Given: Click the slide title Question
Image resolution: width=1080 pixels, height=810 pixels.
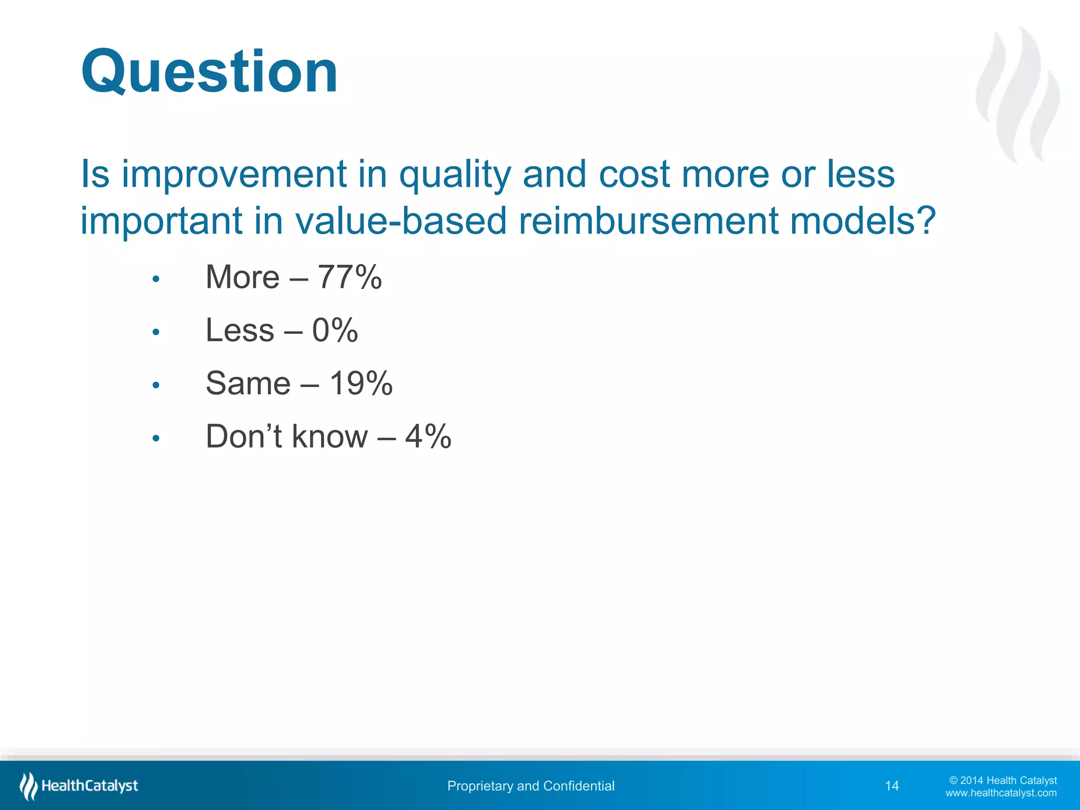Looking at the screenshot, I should tap(209, 72).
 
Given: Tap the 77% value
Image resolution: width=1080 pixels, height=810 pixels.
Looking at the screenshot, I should tap(349, 277).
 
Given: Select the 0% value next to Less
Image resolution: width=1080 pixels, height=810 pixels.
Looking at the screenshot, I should tap(335, 330).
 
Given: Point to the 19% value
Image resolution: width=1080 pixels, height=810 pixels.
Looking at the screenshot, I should tap(361, 383).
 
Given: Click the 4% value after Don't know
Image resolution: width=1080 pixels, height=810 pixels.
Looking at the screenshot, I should tap(428, 437).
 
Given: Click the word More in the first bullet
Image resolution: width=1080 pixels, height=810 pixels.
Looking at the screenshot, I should tap(242, 277).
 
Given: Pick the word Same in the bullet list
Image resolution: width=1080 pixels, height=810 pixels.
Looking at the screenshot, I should tap(248, 383).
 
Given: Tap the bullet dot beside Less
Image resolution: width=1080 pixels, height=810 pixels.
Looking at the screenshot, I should tap(156, 332).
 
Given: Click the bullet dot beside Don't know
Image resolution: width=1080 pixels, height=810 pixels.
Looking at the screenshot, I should tap(156, 438).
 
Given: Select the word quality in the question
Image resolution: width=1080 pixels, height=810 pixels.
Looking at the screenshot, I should tap(455, 175).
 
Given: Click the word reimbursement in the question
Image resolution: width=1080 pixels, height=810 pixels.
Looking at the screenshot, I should tap(648, 220).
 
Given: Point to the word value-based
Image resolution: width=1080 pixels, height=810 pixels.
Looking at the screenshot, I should tap(401, 220).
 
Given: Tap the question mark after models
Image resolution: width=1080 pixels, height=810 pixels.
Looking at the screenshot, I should tap(926, 220).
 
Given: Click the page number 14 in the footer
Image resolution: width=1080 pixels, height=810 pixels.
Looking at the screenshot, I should tap(892, 786).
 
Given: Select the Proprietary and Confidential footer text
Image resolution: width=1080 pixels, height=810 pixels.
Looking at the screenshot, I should tap(531, 786).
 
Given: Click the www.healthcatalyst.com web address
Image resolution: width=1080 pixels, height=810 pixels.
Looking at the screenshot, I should tap(1000, 793).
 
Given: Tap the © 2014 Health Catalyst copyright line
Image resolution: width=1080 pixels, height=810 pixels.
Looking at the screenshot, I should tap(1002, 780).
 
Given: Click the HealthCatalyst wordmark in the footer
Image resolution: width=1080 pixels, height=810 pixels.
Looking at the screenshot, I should tap(90, 786).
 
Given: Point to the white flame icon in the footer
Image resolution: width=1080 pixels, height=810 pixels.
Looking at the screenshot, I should tap(28, 786).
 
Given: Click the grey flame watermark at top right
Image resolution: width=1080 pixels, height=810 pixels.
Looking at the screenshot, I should tap(1018, 95).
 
